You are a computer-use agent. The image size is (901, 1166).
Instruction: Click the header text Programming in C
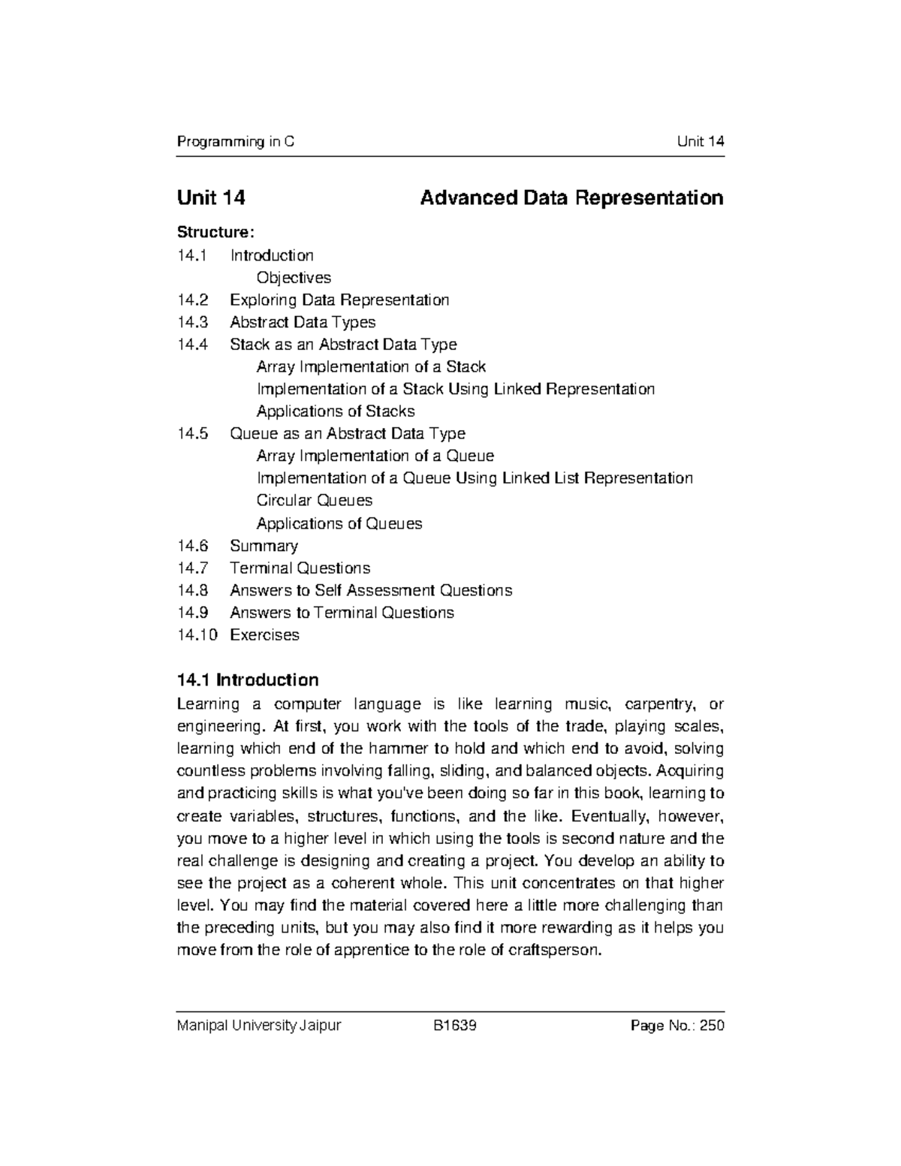(235, 142)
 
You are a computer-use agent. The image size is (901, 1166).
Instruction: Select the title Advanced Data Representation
(571, 198)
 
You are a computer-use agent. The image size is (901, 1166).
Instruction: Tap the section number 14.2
(191, 300)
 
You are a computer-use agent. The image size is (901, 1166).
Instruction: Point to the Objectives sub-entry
(294, 278)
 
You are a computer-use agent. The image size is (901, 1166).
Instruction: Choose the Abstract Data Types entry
(303, 322)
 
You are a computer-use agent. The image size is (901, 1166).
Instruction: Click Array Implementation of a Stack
(371, 367)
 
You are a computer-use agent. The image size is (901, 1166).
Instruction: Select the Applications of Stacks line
(336, 411)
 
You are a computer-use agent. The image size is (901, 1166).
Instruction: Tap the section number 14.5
(191, 434)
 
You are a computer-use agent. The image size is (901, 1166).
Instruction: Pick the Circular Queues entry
(315, 501)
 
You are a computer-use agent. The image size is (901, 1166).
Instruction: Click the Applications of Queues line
(339, 523)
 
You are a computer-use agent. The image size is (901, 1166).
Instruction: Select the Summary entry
(264, 546)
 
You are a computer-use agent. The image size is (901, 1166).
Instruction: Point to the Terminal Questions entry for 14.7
(300, 568)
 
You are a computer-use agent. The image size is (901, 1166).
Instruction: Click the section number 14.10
(197, 635)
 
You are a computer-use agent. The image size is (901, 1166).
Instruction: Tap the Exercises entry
(264, 635)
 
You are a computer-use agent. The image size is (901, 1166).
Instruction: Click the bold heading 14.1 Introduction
(248, 680)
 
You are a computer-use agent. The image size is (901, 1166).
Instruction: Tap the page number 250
(711, 1026)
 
